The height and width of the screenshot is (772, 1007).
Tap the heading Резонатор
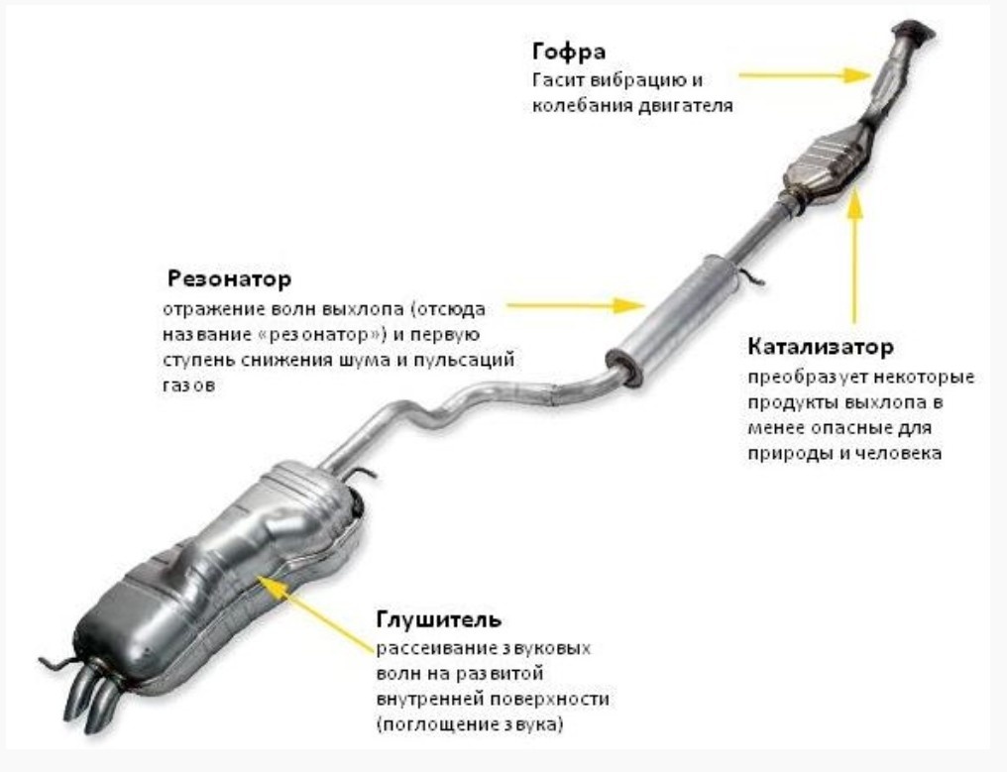pyautogui.click(x=229, y=276)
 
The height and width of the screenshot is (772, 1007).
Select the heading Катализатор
pyautogui.click(x=820, y=348)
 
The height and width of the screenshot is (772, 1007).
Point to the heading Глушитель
pyautogui.click(x=438, y=619)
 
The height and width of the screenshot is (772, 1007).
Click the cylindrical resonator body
pyautogui.click(x=670, y=307)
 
